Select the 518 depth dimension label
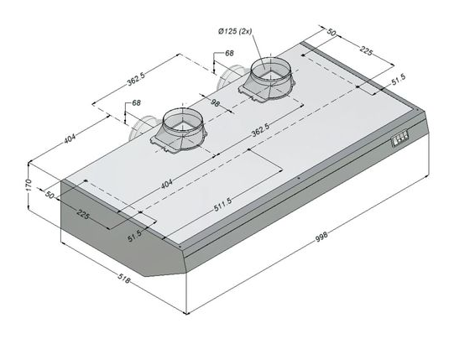tap(123, 279)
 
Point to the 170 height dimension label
tap(28, 185)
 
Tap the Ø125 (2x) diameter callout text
tap(235, 31)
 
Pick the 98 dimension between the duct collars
tap(216, 102)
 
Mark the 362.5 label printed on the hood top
tap(260, 130)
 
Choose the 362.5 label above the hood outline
tap(136, 79)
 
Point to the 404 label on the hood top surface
tap(167, 184)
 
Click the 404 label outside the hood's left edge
tap(70, 138)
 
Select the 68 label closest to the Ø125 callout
tap(229, 53)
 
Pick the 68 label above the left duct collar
tap(137, 102)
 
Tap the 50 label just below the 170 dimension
tap(50, 195)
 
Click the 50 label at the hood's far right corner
tap(331, 32)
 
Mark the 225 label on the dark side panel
tap(83, 214)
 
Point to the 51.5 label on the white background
tap(399, 80)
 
